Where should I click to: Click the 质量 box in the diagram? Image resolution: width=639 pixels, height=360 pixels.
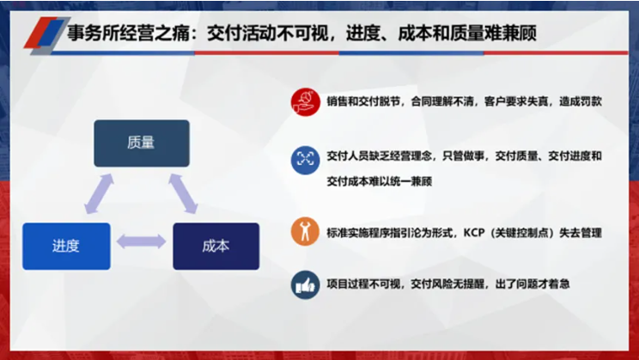coord(142,143)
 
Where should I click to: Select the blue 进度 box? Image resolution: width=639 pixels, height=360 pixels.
coord(66,247)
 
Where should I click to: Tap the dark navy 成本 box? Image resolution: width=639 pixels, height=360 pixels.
coord(216,247)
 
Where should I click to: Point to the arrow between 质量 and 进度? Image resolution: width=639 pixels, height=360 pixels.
coord(99,193)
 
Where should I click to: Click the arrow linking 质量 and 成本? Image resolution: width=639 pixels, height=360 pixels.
coord(184,193)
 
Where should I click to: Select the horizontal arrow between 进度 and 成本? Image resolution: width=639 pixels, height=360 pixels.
coord(142,241)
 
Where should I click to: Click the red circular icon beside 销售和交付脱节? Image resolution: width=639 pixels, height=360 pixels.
coord(306,102)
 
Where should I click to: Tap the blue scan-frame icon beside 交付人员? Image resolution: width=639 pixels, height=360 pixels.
coord(305,160)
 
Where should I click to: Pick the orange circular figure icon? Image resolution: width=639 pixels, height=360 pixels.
coord(305,232)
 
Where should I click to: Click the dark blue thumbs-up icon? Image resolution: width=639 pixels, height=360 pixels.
coord(305,284)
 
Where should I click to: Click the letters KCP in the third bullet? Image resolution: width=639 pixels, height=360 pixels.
coord(474,233)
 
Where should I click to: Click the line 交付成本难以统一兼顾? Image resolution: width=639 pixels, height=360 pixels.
coord(380,181)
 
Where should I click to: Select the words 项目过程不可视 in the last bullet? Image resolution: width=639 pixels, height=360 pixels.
coord(363,284)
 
